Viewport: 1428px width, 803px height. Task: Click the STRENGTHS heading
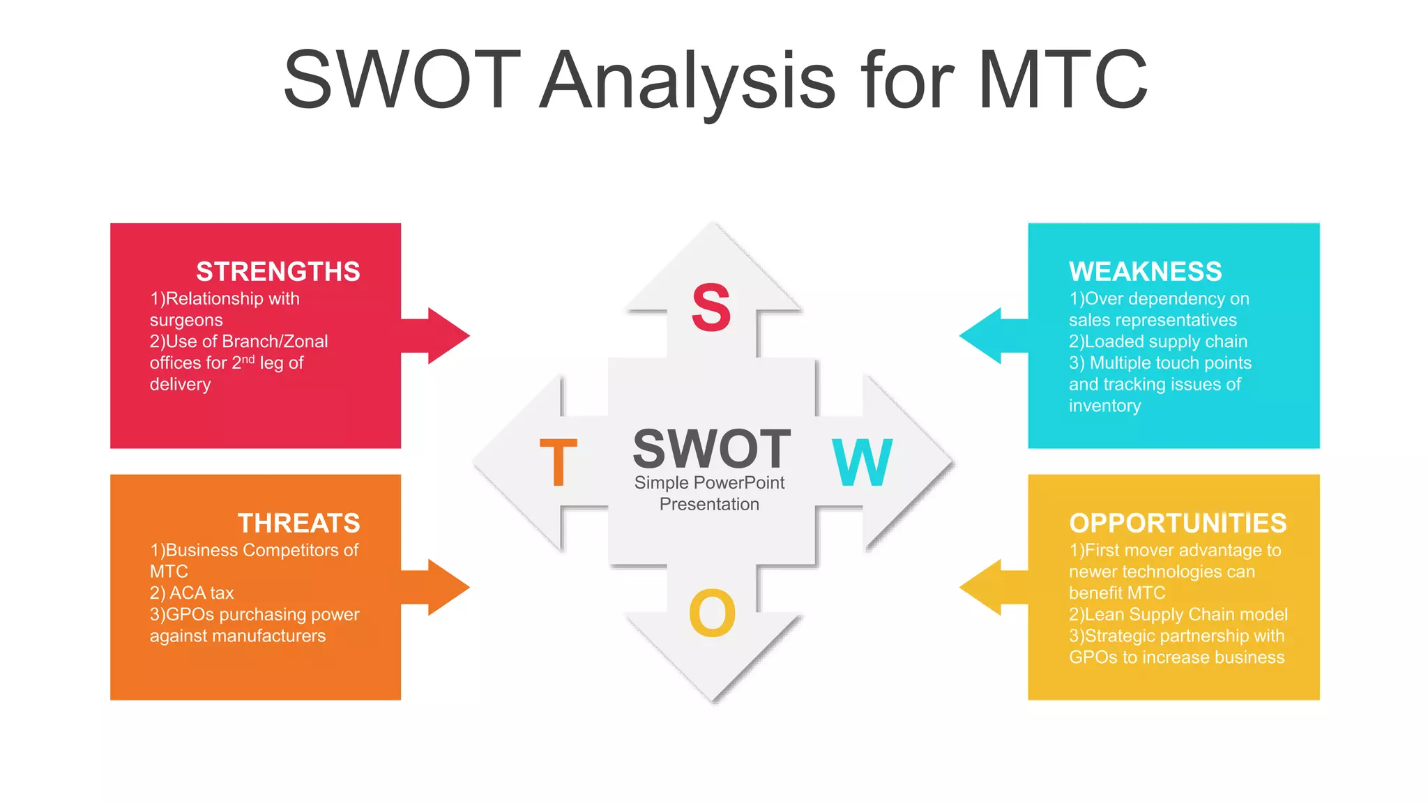[x=278, y=271]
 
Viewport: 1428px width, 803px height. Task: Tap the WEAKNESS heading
[x=1145, y=271]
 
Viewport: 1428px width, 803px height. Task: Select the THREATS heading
[x=298, y=523]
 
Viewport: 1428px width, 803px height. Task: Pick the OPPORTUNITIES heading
[x=1177, y=523]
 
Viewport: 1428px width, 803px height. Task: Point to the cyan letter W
[x=862, y=462]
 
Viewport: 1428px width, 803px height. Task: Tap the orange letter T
[x=559, y=462]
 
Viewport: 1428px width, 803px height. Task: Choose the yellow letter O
[x=712, y=613]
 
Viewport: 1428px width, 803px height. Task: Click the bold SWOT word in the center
[x=711, y=449]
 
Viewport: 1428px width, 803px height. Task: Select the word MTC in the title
[x=1063, y=79]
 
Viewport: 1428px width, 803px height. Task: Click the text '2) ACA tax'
[x=192, y=592]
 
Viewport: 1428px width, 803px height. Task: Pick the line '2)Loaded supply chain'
[x=1157, y=341]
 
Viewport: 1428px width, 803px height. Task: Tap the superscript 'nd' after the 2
[x=248, y=359]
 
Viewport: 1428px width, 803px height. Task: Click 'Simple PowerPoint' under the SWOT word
[x=709, y=482]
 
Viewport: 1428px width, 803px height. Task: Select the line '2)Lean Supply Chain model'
[x=1178, y=614]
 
